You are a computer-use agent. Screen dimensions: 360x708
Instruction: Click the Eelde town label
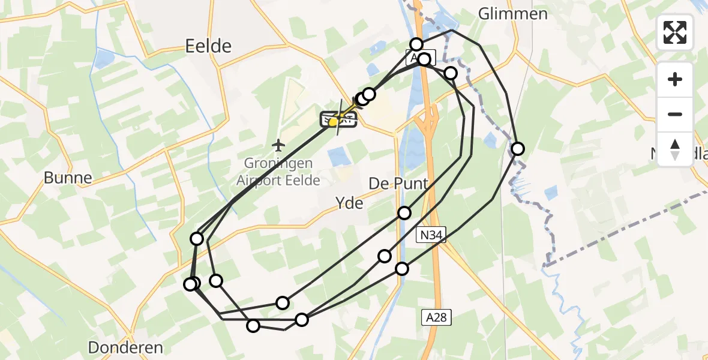208,46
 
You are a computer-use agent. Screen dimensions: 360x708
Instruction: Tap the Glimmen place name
513,14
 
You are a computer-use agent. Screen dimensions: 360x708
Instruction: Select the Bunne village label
68,178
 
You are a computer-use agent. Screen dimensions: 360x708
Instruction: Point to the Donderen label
125,347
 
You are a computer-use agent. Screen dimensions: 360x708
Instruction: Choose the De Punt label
398,183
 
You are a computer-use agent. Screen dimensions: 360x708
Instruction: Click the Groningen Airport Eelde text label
278,171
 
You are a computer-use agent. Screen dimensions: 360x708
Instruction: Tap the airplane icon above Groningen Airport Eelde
278,145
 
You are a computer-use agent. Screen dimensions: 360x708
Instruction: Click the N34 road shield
431,235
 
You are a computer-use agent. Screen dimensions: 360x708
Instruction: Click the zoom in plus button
675,79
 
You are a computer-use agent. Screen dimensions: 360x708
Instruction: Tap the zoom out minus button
675,114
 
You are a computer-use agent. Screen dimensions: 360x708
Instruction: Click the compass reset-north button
675,149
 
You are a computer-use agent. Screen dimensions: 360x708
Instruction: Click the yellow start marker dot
332,122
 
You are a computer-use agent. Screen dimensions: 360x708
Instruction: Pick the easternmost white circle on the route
517,149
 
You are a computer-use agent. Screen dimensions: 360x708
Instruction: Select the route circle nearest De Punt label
404,213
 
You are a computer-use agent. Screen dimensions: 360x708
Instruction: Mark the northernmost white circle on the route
416,44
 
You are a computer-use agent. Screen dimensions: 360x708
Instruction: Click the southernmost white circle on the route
253,326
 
